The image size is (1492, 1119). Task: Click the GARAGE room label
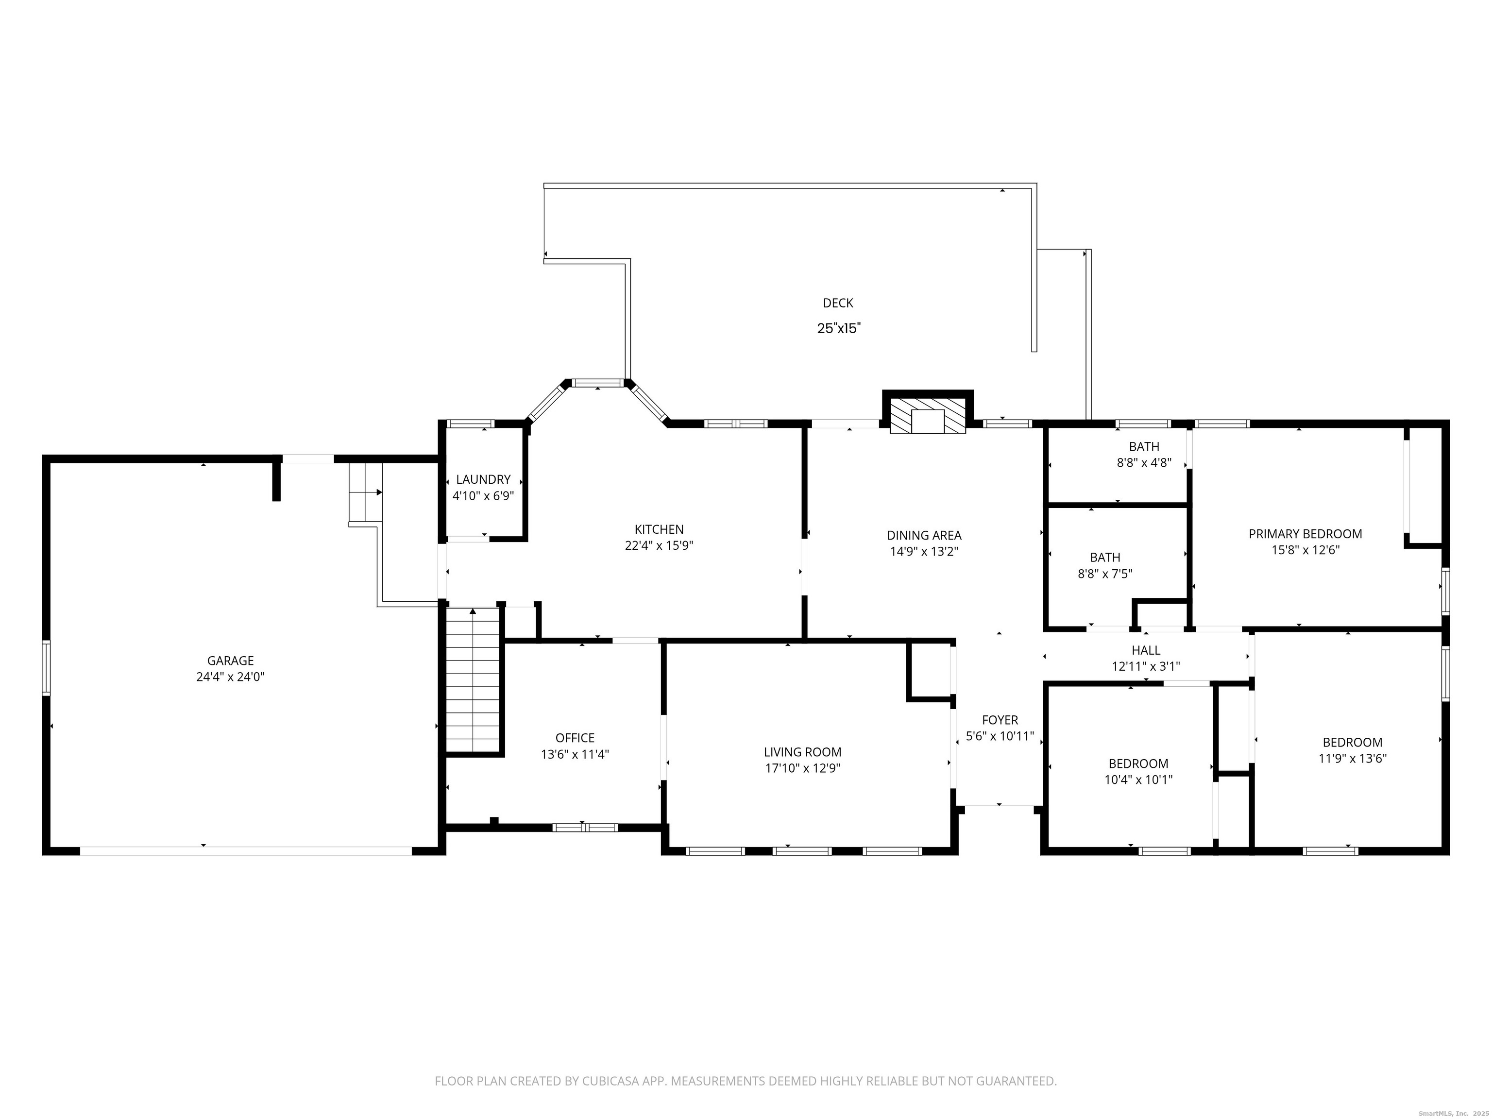coord(230,661)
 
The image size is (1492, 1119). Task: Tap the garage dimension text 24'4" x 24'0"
coord(230,677)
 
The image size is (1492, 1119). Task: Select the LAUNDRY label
coord(483,479)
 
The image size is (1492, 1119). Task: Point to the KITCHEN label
coord(659,529)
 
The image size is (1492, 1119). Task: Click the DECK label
coord(838,304)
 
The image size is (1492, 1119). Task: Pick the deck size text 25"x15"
coord(839,328)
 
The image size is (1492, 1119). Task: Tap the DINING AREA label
coord(924,536)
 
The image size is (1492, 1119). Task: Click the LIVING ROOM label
coord(803,752)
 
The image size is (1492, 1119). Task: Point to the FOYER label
coord(1000,720)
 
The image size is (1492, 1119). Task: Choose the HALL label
coord(1146,650)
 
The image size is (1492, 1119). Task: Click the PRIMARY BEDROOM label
coord(1305,534)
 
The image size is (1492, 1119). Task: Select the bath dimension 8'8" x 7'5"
coord(1105,574)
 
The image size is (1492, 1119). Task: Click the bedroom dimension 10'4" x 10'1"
coord(1138,780)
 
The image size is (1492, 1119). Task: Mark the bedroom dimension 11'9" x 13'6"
coord(1353,759)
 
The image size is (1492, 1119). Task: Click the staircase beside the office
coord(474,680)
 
